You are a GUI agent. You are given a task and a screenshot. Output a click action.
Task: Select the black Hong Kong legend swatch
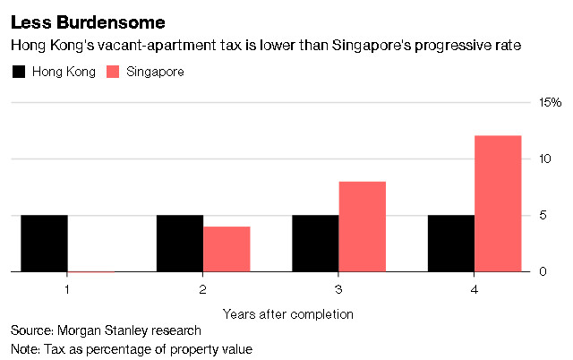(x=18, y=72)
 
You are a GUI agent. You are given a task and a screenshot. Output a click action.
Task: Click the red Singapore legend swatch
(x=115, y=72)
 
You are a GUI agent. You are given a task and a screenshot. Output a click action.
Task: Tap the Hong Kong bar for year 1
(x=45, y=243)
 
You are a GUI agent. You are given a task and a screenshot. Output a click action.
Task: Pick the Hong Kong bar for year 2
(x=180, y=243)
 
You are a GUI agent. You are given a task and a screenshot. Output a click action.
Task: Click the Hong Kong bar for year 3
(x=315, y=243)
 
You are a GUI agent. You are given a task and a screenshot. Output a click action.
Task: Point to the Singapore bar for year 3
(x=362, y=227)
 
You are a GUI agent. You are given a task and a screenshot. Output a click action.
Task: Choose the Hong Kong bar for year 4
(x=451, y=243)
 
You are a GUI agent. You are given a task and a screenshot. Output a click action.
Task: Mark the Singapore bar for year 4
(x=498, y=203)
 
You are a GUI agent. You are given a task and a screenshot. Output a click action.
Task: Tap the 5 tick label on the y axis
(x=541, y=215)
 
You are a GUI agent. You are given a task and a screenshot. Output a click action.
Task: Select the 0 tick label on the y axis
(x=541, y=271)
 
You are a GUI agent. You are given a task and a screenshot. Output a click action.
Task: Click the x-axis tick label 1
(x=68, y=289)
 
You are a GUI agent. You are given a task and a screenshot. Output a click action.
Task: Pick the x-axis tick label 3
(x=338, y=289)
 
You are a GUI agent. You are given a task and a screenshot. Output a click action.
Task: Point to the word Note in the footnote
(x=24, y=348)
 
